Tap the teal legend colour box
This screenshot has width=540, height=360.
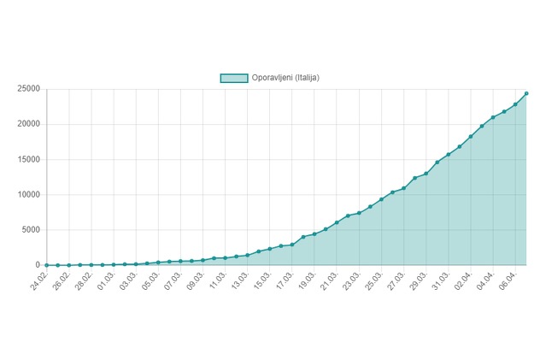click(234, 78)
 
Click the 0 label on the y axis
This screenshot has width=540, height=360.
click(38, 265)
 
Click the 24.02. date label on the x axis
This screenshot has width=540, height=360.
click(38, 280)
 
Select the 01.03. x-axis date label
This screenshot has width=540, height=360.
click(106, 280)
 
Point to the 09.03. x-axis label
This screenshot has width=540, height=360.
click(196, 280)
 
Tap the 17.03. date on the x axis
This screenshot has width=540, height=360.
click(285, 280)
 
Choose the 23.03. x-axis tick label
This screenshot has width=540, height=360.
click(352, 280)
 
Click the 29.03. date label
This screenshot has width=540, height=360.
click(419, 280)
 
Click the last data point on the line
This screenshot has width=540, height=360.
click(526, 93)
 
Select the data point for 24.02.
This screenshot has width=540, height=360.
click(47, 265)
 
